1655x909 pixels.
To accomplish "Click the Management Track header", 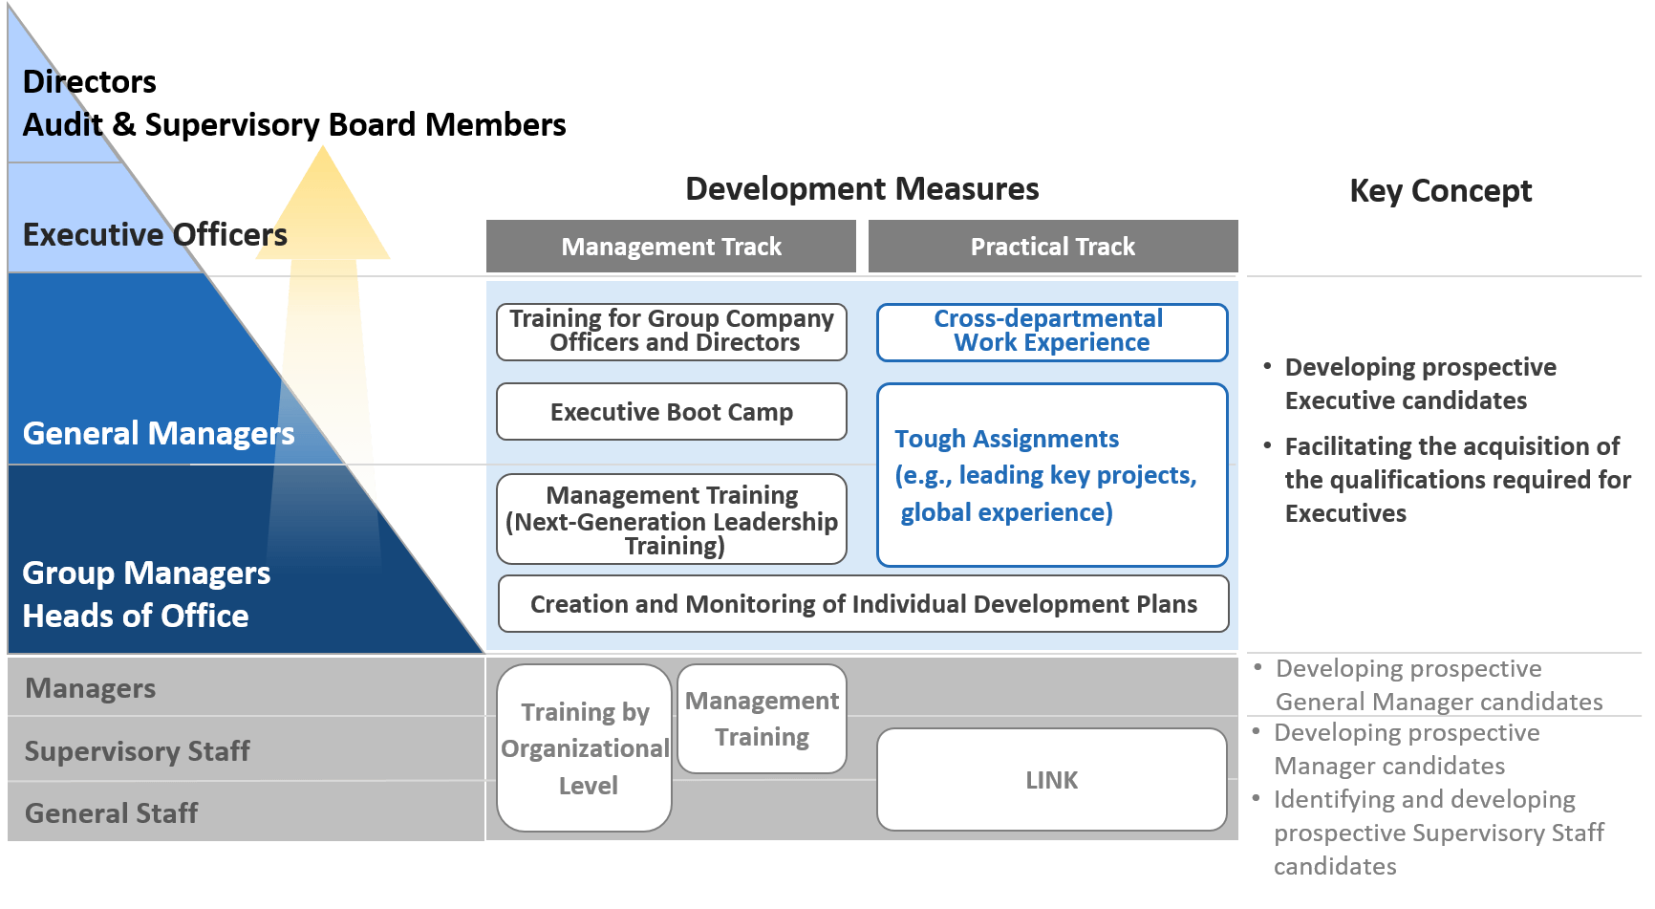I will (671, 247).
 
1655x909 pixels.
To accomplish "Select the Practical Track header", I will (1052, 247).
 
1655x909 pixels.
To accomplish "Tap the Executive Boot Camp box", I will (671, 412).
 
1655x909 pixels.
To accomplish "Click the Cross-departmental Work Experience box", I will (1051, 332).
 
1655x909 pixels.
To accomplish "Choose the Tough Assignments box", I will (1051, 475).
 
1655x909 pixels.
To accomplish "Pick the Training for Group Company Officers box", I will (671, 332).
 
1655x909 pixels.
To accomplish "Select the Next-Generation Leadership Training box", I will (671, 520).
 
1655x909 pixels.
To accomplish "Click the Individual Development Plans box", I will (863, 604).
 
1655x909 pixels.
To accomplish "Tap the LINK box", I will (1051, 780).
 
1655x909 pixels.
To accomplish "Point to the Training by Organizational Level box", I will (585, 748).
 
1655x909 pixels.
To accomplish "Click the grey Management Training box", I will (762, 719).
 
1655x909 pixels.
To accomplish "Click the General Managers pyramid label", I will (159, 434).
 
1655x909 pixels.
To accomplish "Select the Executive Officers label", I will (155, 235).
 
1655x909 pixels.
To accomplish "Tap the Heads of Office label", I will (136, 617).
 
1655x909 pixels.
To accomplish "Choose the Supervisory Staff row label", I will (138, 751).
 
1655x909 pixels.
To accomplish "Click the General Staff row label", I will (112, 813).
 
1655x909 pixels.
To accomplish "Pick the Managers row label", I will (91, 688).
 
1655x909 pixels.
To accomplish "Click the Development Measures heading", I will (862, 189).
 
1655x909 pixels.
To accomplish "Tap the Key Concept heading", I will (1440, 191).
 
